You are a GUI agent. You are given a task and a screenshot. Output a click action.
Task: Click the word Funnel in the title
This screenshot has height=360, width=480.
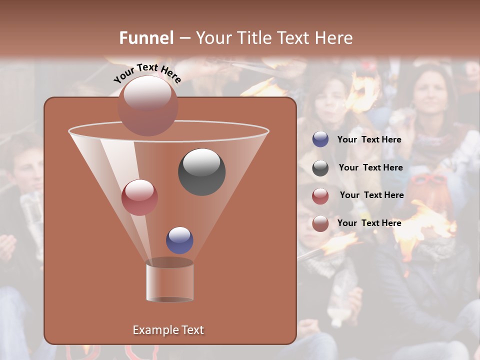coord(146,38)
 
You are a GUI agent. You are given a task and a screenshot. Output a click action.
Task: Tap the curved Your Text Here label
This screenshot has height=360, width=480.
coord(147,73)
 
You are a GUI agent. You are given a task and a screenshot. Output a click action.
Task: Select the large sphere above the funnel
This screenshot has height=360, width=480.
coord(147,105)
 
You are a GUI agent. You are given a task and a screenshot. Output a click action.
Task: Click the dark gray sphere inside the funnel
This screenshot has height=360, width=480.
coord(201,171)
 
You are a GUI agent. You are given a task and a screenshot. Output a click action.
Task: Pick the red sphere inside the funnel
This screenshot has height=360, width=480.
coord(139,197)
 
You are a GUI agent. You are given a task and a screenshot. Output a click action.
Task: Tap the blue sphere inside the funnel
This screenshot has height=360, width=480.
coord(179,240)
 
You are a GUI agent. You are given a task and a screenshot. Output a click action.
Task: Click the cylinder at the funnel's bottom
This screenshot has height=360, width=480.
coord(169,281)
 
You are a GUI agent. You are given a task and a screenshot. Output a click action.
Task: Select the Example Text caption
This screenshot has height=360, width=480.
coord(168,330)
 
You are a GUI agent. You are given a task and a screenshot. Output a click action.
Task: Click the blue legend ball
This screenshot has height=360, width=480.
coord(320,139)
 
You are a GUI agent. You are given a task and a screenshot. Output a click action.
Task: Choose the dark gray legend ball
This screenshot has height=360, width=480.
coord(320,168)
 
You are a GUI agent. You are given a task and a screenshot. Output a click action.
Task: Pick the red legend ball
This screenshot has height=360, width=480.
coord(320,195)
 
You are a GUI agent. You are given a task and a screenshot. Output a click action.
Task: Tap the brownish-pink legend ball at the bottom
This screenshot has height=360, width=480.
coord(320,223)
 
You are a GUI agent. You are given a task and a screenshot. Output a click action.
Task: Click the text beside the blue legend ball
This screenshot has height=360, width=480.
coord(369,140)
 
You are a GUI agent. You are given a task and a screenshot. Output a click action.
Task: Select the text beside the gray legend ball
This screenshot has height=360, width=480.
coord(370,168)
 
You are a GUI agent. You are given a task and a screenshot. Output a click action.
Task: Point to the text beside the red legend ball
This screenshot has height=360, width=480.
coord(371,195)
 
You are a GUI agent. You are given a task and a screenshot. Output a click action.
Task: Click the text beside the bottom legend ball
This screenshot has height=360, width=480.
coord(369,223)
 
